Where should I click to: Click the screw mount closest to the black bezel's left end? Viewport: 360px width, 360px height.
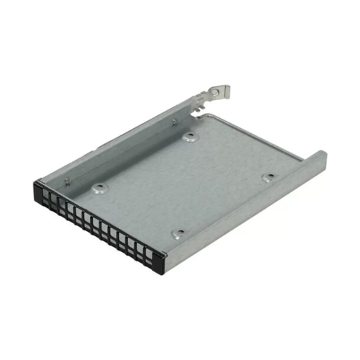point(98,189)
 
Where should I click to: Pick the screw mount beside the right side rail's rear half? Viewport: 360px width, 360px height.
point(268,176)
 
